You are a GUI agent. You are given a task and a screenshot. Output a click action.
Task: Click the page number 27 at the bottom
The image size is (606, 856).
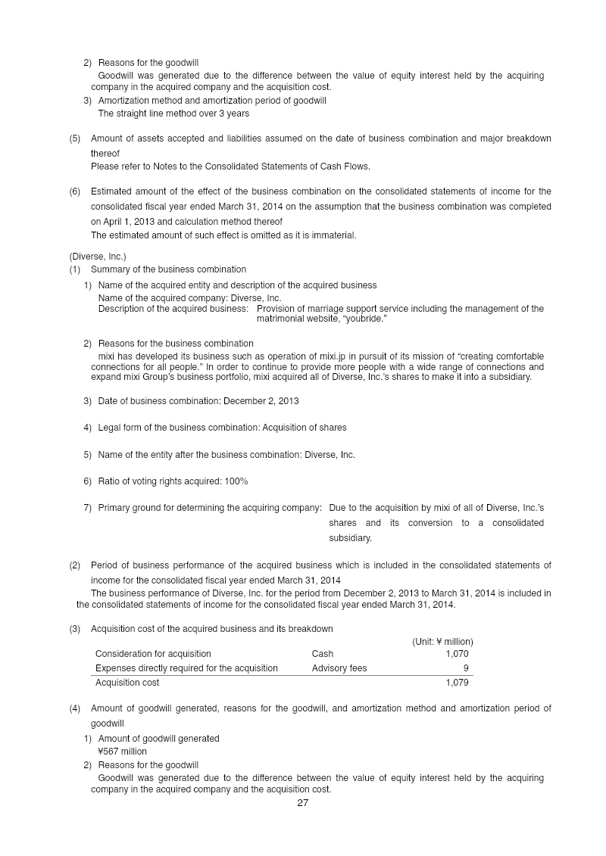pos(302,803)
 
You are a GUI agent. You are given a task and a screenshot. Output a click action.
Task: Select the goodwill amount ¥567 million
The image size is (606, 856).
pos(123,752)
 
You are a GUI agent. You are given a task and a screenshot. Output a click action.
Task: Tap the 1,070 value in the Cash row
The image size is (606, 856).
pos(457,653)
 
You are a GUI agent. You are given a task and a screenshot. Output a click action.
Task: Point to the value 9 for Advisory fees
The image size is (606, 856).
pos(465,668)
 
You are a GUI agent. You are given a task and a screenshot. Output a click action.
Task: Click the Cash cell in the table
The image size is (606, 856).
pos(322,653)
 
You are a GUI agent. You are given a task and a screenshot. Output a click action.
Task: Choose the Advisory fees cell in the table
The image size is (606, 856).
pos(339,668)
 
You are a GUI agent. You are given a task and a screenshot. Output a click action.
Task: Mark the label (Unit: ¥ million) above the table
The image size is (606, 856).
pos(442,641)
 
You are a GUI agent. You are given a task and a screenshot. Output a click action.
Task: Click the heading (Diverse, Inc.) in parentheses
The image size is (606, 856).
pos(98,257)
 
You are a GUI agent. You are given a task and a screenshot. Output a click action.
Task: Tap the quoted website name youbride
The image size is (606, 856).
pos(365,319)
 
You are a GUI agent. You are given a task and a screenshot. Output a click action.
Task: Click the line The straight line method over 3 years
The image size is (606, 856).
pos(173,114)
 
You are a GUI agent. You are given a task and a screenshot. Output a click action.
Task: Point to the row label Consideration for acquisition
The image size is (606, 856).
pos(153,653)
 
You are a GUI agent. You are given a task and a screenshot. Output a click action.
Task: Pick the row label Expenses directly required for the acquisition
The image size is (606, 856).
pos(186,668)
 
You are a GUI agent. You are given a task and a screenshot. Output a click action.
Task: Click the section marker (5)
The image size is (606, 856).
pos(75,139)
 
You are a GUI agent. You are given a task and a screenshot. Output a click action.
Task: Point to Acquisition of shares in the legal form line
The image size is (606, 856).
pos(305,428)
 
